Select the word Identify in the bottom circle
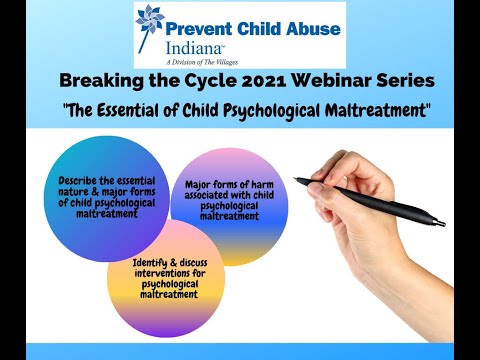[x=155, y=263]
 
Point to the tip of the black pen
[x=296, y=179]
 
